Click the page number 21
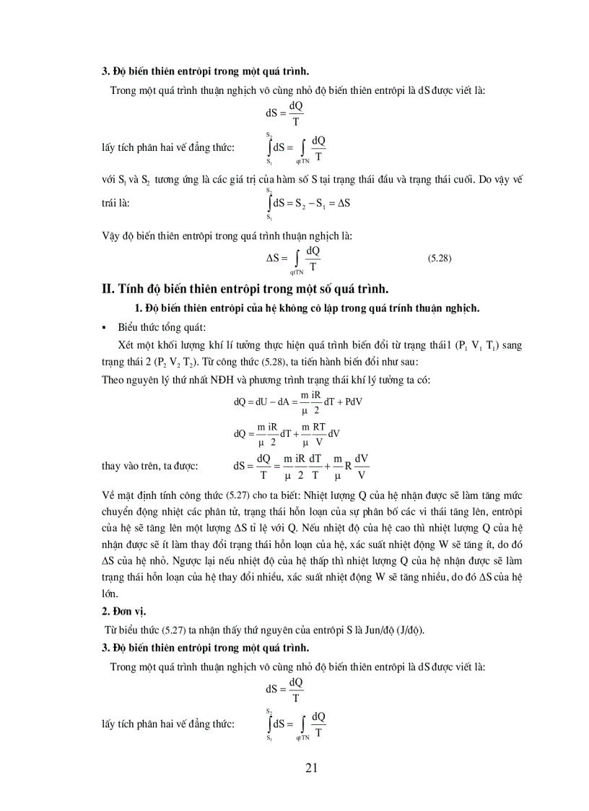[311, 767]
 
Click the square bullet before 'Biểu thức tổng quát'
[104, 327]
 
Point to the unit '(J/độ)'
[409, 629]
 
